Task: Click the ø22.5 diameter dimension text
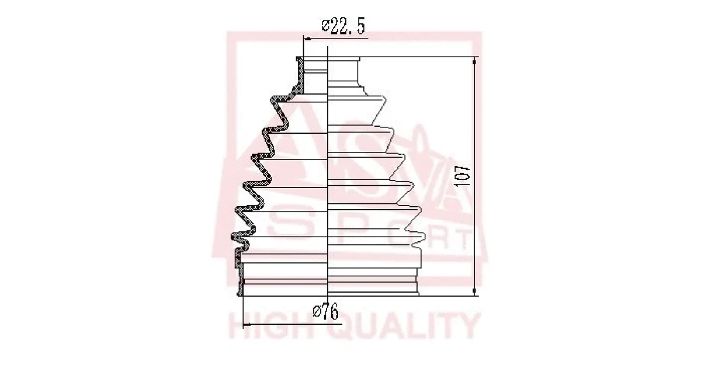[x=343, y=27]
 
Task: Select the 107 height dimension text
[x=463, y=176]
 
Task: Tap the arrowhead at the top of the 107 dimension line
[x=474, y=61]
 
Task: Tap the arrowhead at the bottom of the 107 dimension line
[x=474, y=291]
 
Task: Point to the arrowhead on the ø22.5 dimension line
[x=308, y=39]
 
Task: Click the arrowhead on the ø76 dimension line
[x=247, y=325]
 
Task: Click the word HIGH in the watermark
[x=270, y=327]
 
